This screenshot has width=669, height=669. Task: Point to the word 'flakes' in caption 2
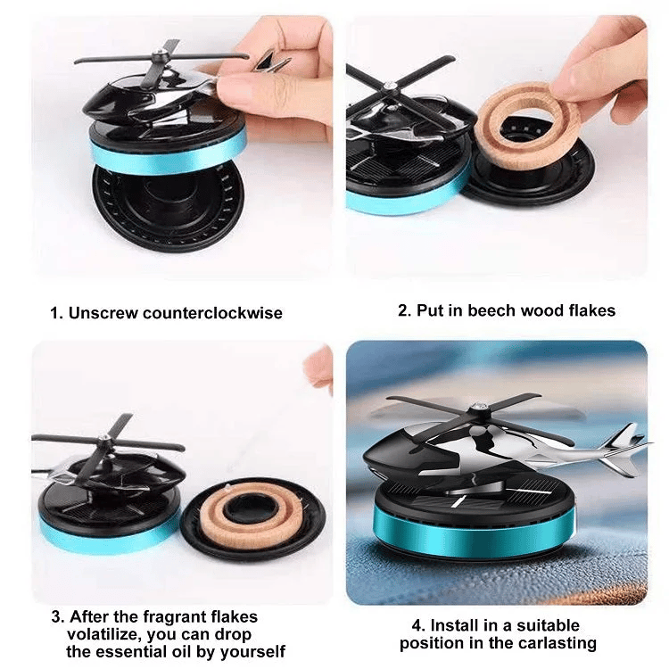click(x=591, y=311)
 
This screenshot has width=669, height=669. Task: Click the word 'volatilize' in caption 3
click(x=104, y=634)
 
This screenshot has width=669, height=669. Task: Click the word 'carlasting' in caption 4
click(x=561, y=643)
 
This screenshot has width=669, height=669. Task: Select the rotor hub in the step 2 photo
click(x=390, y=87)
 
